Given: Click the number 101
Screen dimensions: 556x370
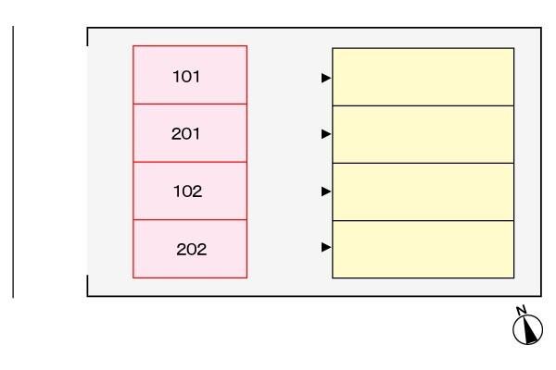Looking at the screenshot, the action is click(x=186, y=77).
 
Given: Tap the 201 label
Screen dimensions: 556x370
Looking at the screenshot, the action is click(x=185, y=134).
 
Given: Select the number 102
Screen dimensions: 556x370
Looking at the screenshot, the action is click(x=187, y=191).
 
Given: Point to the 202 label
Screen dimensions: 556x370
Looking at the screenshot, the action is click(x=192, y=249).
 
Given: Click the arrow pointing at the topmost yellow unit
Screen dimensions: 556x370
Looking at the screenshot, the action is click(x=326, y=78).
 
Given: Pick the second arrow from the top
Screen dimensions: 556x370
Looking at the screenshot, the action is click(x=326, y=134).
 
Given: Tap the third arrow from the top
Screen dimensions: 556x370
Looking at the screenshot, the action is click(x=326, y=191).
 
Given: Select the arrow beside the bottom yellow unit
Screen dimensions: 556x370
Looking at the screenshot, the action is click(x=326, y=247).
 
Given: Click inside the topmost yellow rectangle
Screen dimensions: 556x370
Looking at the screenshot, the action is click(x=423, y=77).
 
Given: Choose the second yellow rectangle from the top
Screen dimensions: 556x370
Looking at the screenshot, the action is click(x=423, y=134).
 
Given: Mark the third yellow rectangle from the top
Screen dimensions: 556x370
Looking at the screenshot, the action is click(x=423, y=191).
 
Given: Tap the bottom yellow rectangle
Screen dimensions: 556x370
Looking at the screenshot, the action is click(x=423, y=249).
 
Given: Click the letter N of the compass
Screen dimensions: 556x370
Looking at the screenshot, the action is click(x=521, y=311).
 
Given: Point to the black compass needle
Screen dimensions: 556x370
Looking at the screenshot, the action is click(x=529, y=329).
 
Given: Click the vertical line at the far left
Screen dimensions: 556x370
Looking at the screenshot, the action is click(x=13, y=162).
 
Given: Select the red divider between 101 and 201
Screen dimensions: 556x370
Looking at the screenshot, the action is click(x=190, y=105).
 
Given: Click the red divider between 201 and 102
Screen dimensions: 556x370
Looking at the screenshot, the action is click(x=190, y=162).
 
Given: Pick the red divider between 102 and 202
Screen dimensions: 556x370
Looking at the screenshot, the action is click(x=190, y=220).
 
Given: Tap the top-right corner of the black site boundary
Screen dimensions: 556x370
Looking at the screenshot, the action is click(x=541, y=28).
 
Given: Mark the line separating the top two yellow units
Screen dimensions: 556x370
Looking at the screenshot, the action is click(x=423, y=105).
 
